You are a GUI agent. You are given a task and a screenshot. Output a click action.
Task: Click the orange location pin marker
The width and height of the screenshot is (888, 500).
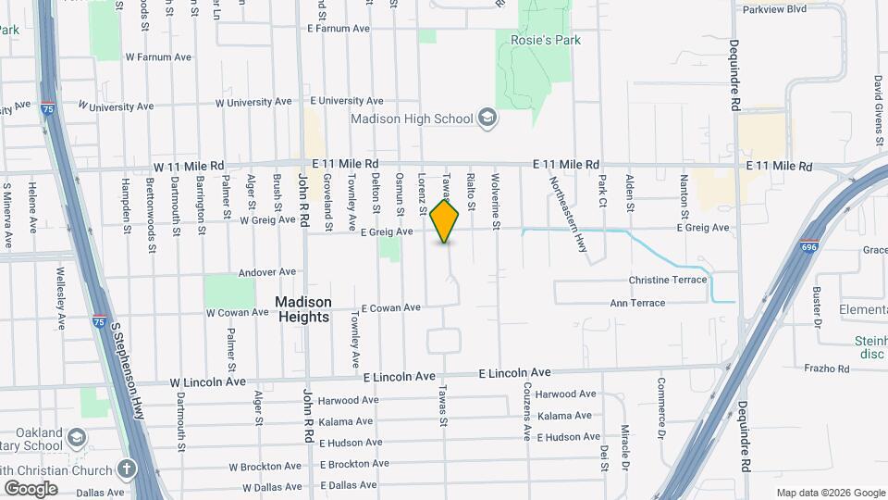[x=445, y=220]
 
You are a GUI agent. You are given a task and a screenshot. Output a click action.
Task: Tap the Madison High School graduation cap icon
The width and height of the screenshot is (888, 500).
[x=487, y=118]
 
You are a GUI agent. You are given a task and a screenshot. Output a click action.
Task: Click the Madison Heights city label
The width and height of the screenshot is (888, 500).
[x=303, y=309]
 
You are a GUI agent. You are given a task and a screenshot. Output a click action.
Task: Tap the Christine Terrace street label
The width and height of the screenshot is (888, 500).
[x=668, y=280]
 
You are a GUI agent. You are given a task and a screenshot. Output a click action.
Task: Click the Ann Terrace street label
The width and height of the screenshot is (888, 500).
[x=637, y=303]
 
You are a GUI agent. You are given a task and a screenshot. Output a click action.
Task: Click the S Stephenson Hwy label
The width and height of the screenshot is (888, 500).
[x=129, y=369]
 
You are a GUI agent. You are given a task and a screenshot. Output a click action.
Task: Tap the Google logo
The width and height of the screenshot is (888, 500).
[x=31, y=488]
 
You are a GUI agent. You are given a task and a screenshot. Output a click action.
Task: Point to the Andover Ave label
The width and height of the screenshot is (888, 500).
[x=267, y=272]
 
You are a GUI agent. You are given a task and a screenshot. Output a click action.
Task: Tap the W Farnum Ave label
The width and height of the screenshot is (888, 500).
[x=158, y=56]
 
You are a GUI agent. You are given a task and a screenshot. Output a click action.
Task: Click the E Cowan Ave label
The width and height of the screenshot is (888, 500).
[x=390, y=307]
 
